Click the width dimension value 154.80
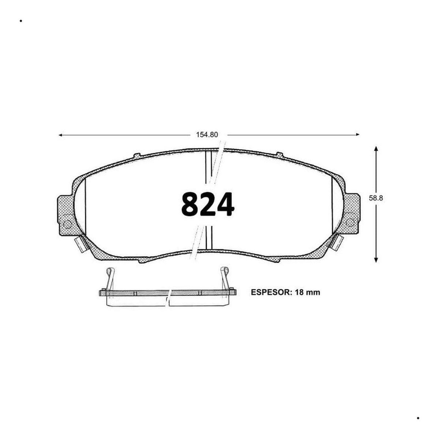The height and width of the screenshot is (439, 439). pos(207,135)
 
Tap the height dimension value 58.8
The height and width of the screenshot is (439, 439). pos(376,198)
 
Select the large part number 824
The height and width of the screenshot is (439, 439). pos(207,205)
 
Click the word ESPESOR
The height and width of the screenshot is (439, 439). pos(271,292)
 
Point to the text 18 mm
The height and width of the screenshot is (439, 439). pos(307,292)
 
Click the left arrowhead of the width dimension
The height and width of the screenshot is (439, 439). pos(60,135)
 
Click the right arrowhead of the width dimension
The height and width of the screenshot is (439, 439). pos(357,135)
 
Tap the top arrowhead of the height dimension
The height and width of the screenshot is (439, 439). pos(376,148)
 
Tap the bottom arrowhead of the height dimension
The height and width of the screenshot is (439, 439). pos(376,260)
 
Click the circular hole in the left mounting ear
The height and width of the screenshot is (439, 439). pos(67,224)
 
